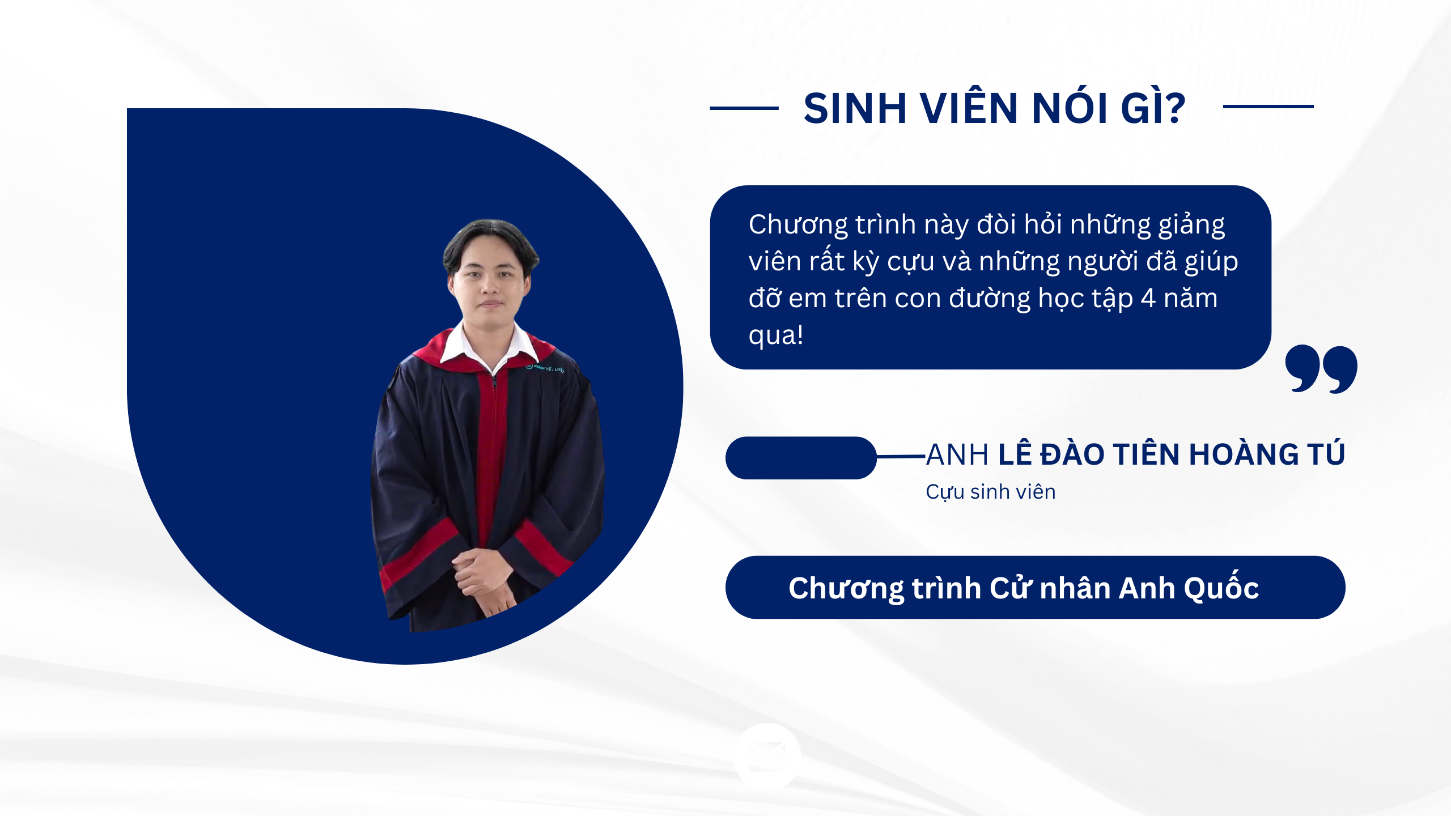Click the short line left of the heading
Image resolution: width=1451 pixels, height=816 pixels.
744,108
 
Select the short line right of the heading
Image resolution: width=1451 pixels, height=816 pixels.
1268,106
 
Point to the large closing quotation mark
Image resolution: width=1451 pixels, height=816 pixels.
1321,369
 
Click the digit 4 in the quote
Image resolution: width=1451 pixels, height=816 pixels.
1148,299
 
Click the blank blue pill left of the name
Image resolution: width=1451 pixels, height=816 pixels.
801,458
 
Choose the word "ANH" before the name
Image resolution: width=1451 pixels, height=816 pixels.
957,454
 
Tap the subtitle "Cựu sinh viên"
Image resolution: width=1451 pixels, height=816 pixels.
991,492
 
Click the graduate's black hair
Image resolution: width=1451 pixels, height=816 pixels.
491,241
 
